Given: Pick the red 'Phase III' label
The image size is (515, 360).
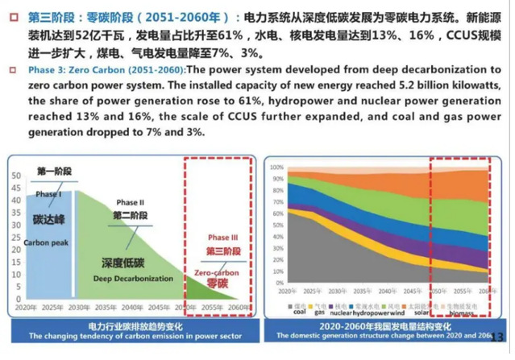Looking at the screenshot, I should [224, 238].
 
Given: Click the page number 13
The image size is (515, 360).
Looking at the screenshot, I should [496, 337].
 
